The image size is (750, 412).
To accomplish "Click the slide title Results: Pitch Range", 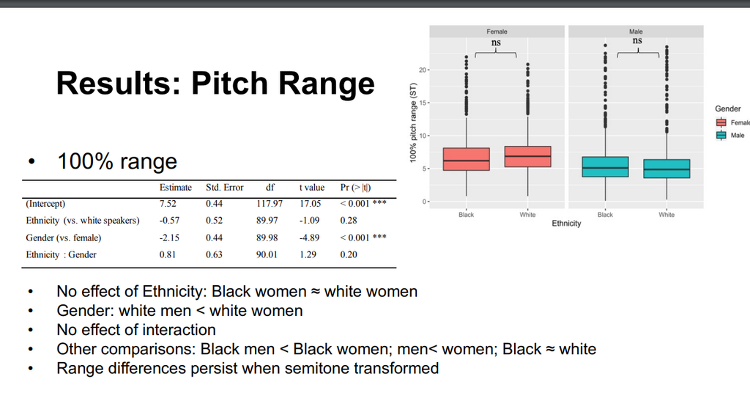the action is (215, 84).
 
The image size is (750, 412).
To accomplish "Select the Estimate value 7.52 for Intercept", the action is (168, 203).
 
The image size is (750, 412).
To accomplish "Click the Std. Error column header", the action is (225, 187).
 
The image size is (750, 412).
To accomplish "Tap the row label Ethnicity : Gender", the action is (62, 254).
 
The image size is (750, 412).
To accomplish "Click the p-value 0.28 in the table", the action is (349, 220).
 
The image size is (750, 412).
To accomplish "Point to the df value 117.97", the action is (270, 203).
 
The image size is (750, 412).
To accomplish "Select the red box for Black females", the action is (467, 159).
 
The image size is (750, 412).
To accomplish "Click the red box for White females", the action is (527, 156).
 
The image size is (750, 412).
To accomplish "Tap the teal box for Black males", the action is (605, 167).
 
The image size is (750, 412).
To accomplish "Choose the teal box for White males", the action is (667, 169).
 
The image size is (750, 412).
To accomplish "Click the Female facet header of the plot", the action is (497, 32).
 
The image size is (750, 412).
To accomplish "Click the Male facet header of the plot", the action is (636, 32).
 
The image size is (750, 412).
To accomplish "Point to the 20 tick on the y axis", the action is (423, 70).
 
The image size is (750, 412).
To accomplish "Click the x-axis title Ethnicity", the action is (566, 224).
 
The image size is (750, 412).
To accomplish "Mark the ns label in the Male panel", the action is (637, 40).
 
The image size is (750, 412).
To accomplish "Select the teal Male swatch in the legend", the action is (721, 136).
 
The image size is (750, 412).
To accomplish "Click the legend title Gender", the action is (727, 109).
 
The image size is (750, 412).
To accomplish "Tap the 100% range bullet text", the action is (117, 161).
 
